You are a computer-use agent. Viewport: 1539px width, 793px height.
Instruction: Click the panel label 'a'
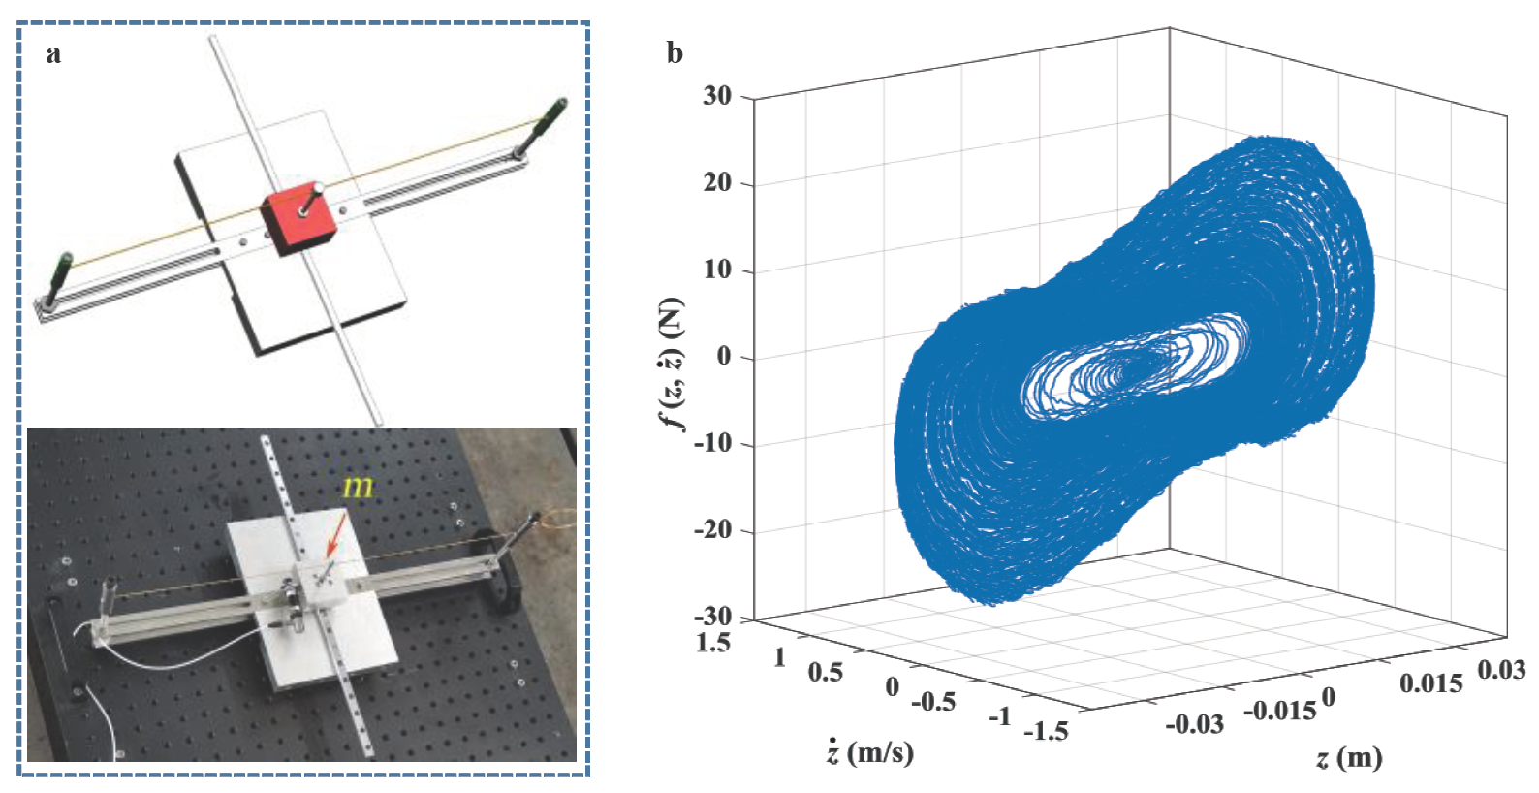tap(53, 54)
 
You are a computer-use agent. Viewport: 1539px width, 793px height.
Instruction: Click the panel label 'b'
tap(675, 53)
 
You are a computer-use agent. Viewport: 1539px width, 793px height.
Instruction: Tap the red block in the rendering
tap(298, 218)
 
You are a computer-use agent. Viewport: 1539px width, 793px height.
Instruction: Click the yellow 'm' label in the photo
tap(358, 486)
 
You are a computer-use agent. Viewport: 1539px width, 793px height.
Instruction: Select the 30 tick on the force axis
tap(717, 96)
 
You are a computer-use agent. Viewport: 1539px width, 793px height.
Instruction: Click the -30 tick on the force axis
tap(712, 617)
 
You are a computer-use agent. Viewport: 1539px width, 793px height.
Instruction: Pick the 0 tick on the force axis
tap(724, 357)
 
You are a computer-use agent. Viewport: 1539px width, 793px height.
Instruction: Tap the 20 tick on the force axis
tap(717, 183)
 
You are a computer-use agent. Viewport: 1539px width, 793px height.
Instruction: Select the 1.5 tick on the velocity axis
tap(712, 643)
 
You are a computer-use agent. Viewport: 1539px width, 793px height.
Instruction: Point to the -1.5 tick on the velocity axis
tap(1046, 730)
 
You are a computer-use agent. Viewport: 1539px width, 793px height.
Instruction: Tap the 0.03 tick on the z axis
tap(1501, 670)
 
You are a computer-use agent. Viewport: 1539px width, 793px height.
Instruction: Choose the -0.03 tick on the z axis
tap(1194, 724)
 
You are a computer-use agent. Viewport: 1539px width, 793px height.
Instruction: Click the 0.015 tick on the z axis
tap(1430, 683)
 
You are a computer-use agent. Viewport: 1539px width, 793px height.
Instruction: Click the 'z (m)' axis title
tap(1348, 757)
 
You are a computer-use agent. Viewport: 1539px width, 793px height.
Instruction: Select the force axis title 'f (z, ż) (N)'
tap(671, 363)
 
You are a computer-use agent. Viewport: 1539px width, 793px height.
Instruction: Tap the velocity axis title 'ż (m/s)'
tap(870, 752)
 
